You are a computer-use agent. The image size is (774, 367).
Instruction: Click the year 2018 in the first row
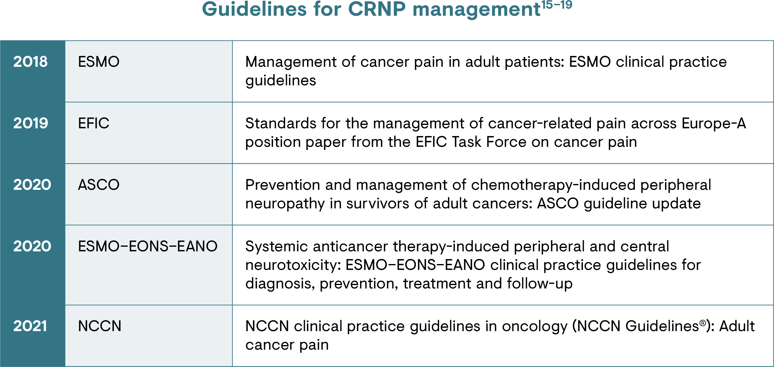[30, 62]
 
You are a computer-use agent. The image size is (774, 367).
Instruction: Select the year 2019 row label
[31, 123]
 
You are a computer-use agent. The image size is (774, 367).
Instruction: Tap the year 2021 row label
[30, 326]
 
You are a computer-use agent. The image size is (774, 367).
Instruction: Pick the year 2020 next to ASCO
[32, 185]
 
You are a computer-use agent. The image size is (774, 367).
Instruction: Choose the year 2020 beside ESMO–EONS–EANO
[32, 246]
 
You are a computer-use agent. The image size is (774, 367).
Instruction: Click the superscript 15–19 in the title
[557, 5]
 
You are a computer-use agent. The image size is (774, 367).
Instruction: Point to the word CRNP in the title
[377, 9]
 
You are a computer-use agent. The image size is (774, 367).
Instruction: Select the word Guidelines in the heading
[254, 9]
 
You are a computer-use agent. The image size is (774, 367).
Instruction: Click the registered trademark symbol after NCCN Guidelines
[703, 323]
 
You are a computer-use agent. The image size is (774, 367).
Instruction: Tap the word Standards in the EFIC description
[280, 123]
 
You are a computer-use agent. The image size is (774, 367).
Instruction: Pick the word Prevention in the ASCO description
[283, 185]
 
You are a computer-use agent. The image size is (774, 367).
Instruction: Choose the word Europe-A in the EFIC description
[714, 123]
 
